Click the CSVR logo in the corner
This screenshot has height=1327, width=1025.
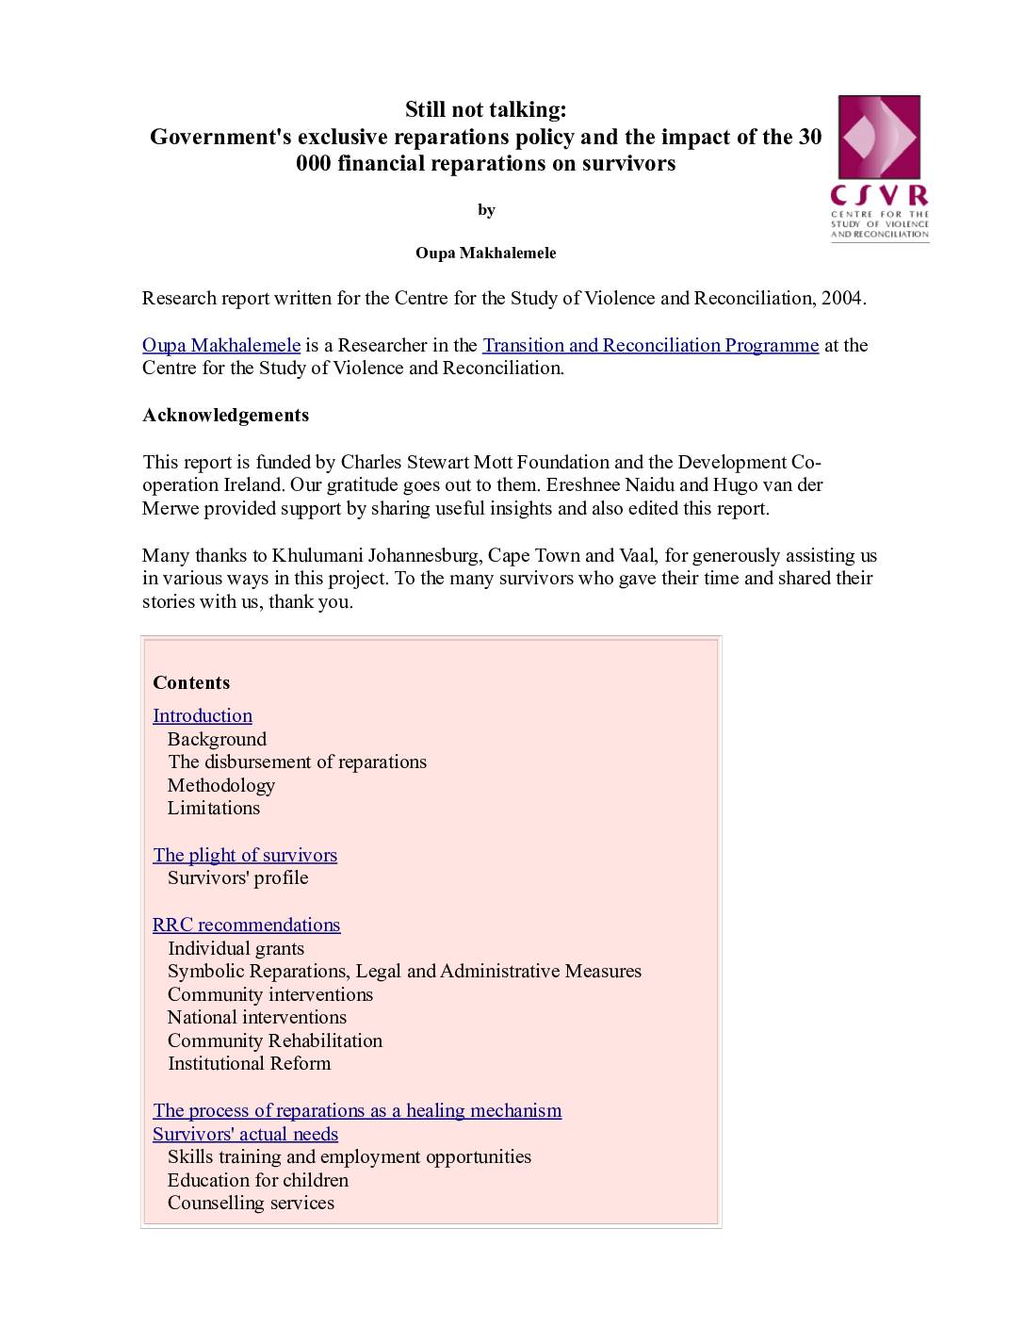coord(879,168)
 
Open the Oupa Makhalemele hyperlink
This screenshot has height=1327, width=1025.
coord(221,345)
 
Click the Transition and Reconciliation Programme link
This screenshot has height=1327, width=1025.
coord(650,345)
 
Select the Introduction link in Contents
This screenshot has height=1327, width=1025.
coord(203,715)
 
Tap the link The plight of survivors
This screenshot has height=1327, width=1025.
coord(245,855)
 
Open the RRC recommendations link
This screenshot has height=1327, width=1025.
coord(246,925)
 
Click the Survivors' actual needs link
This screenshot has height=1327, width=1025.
coord(245,1134)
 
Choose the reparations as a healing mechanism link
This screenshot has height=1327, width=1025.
coord(357,1110)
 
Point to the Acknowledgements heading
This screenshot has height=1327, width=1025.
coord(225,415)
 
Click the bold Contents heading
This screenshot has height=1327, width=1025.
coord(191,682)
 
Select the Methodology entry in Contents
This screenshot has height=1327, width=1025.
coord(221,785)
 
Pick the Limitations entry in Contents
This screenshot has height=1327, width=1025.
coord(214,808)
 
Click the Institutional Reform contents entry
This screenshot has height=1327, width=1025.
coord(250,1063)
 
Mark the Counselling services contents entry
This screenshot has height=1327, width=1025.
coord(251,1203)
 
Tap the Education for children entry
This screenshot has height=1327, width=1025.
coord(258,1180)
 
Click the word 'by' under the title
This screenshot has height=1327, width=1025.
coord(486,210)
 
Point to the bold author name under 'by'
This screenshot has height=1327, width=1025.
coord(486,253)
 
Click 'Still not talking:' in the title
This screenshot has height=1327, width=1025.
coord(486,110)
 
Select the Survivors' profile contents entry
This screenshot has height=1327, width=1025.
coord(238,877)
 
